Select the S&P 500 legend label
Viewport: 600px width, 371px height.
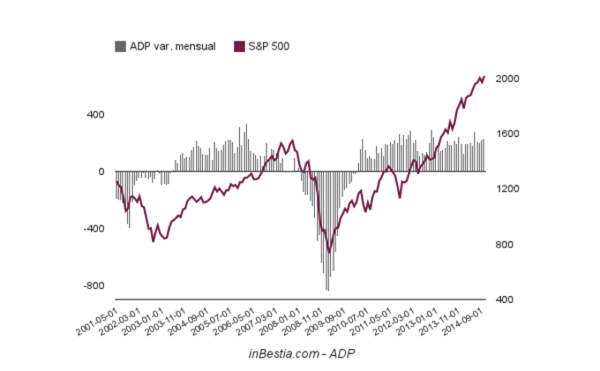268,46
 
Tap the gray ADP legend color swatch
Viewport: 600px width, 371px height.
120,46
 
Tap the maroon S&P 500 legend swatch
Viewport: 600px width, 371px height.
239,46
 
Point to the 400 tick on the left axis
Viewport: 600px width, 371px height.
94,115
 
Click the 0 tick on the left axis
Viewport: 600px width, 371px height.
101,171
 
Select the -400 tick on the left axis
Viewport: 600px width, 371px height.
93,229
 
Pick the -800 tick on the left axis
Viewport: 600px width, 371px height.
93,286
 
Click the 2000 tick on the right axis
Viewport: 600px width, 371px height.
506,79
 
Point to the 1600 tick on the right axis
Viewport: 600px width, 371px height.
506,134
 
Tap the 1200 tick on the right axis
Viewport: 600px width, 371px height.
506,189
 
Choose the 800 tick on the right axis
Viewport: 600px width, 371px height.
504,245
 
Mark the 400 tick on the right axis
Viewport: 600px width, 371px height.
504,299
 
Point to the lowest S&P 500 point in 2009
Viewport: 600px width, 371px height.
329,253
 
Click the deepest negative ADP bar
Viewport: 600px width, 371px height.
327,290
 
